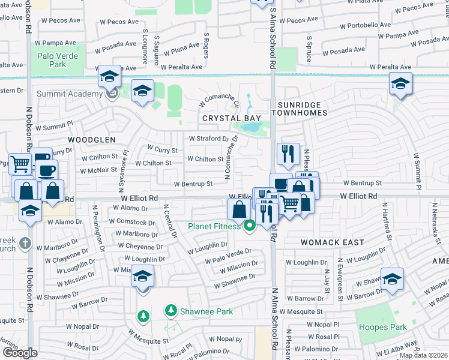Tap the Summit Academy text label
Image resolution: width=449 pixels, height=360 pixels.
pyautogui.click(x=69, y=94)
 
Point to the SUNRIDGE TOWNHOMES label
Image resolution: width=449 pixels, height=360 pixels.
pyautogui.click(x=303, y=108)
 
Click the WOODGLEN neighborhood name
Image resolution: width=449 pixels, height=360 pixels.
pyautogui.click(x=91, y=139)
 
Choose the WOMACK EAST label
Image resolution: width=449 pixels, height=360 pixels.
pyautogui.click(x=333, y=242)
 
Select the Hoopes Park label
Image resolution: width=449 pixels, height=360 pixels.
pyautogui.click(x=382, y=327)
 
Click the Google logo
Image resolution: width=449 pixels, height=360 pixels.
pyautogui.click(x=20, y=353)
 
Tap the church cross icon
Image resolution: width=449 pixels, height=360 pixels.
pyautogui.click(x=24, y=244)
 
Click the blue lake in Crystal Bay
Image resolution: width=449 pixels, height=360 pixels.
pyautogui.click(x=251, y=128)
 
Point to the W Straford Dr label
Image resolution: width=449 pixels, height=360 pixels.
pyautogui.click(x=209, y=138)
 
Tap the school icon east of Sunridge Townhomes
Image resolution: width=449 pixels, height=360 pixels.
pyautogui.click(x=400, y=84)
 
